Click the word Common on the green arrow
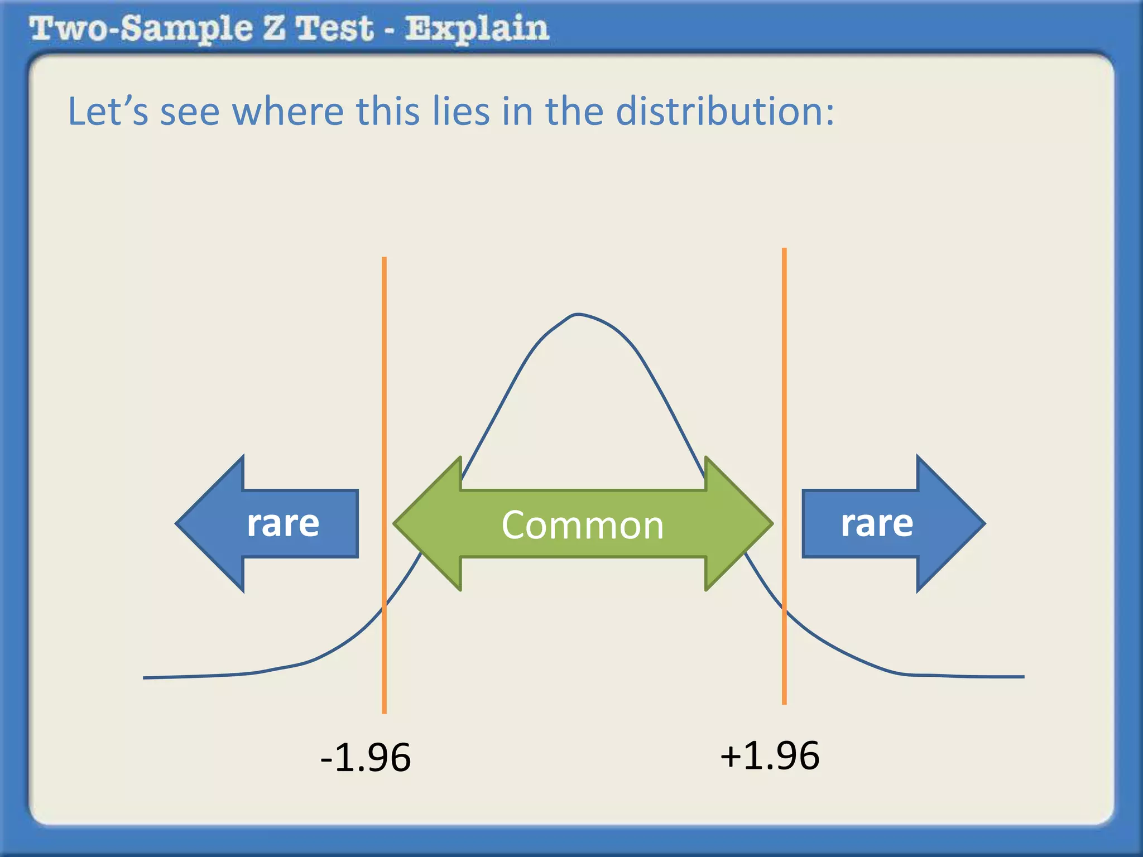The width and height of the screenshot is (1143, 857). [x=582, y=526]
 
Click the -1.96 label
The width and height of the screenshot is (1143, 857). [x=366, y=758]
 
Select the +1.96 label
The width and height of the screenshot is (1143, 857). [x=770, y=756]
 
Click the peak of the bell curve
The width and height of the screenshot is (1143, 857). [x=578, y=314]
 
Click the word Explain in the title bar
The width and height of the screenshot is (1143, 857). [x=477, y=29]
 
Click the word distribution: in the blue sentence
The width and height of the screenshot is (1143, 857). [x=725, y=111]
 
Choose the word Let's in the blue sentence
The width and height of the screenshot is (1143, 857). [x=108, y=111]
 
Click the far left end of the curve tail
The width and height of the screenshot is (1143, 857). [x=145, y=677]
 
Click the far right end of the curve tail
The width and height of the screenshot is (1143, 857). [x=1022, y=677]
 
